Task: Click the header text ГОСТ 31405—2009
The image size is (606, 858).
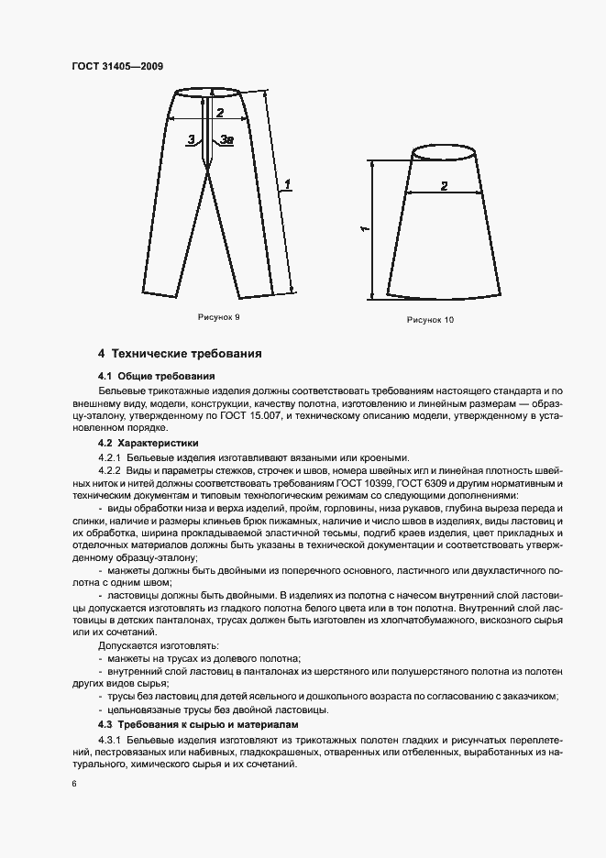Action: tap(117, 66)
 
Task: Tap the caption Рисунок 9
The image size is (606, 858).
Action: tap(219, 316)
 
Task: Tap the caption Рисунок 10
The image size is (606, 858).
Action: tap(430, 320)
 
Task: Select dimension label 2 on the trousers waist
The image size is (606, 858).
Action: tap(219, 113)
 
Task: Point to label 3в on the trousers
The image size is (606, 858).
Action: tap(226, 139)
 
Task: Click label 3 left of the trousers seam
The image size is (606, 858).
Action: tap(190, 139)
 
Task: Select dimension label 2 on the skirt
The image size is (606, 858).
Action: tap(444, 186)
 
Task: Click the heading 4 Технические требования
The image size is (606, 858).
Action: tap(180, 353)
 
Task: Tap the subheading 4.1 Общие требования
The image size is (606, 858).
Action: tap(156, 376)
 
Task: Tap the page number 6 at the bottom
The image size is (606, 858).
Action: tap(73, 785)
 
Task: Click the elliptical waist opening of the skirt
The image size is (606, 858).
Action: tap(445, 152)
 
